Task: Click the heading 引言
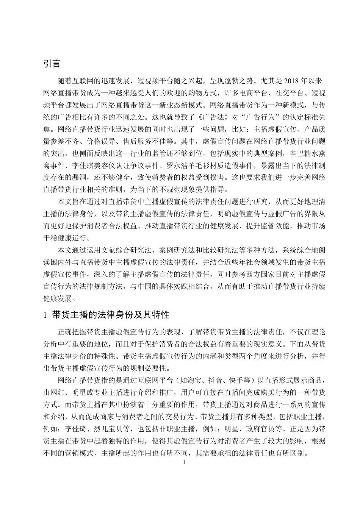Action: pos(52,63)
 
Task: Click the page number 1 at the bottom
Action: pos(184,462)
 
